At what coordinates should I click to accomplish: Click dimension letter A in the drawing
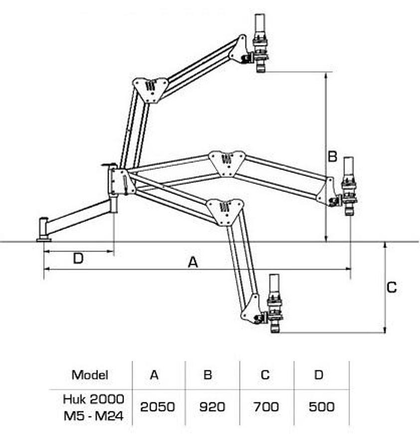(x=193, y=262)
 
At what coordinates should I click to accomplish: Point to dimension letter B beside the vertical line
(x=333, y=157)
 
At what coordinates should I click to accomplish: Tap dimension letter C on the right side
(x=392, y=287)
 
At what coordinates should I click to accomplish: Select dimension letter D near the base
(x=78, y=258)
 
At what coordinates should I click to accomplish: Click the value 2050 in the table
(x=158, y=406)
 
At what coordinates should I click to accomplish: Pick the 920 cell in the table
(x=212, y=406)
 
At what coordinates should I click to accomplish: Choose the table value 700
(x=265, y=406)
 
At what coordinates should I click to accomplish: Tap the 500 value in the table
(x=321, y=406)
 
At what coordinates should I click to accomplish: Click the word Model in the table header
(x=90, y=374)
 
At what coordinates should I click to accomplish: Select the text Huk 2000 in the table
(x=93, y=398)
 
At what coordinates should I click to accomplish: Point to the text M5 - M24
(x=93, y=415)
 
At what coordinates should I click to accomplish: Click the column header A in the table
(x=154, y=374)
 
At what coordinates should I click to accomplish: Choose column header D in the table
(x=319, y=374)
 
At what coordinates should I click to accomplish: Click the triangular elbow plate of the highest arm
(x=150, y=89)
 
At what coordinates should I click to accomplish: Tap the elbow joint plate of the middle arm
(x=227, y=162)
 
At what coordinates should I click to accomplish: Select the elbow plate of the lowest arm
(x=225, y=210)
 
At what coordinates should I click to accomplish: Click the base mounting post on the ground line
(x=44, y=229)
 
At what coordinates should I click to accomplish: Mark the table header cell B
(x=208, y=374)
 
